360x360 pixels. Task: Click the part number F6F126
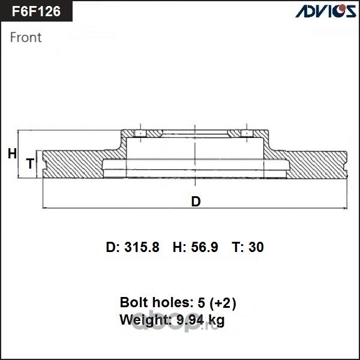[x=36, y=11]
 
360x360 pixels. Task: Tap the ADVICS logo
[x=326, y=11]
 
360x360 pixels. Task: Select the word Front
[x=26, y=37]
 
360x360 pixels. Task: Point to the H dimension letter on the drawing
[x=12, y=154]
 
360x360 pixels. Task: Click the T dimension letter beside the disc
[x=30, y=163]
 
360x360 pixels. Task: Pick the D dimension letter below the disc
[x=196, y=202]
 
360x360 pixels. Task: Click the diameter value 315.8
[x=142, y=247]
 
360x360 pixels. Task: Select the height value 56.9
[x=205, y=247]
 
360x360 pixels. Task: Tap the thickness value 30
[x=256, y=247]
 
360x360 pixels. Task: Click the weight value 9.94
[x=190, y=319]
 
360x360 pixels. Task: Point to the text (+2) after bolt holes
[x=223, y=302]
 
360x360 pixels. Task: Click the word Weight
[x=146, y=320]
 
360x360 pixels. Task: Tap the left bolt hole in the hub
[x=140, y=133]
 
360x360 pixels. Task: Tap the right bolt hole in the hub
[x=247, y=133]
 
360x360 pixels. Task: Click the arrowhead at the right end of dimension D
[x=345, y=208]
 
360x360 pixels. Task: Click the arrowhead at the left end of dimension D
[x=45, y=208]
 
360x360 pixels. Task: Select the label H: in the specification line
[x=179, y=247]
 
